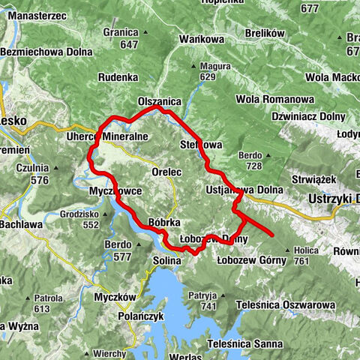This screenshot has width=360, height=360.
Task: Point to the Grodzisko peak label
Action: (83, 214)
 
